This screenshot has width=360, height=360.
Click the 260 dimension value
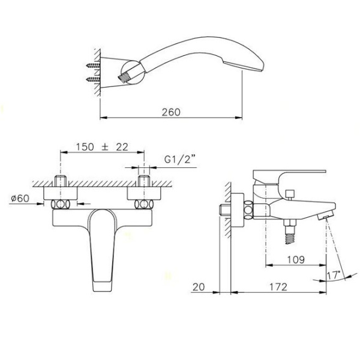[x=171, y=112]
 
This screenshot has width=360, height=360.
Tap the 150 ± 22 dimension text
[x=102, y=147]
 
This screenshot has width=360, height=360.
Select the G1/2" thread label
[x=179, y=159]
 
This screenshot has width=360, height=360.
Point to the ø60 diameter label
[x=20, y=198]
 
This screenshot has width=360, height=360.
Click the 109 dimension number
[x=296, y=260]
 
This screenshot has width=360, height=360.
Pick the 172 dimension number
[x=278, y=287]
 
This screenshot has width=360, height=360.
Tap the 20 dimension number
[x=199, y=287]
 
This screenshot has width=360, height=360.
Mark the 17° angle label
[x=334, y=275]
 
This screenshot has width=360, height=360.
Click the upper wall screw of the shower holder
[x=93, y=65]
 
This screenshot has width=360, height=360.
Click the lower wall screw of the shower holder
[x=93, y=80]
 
